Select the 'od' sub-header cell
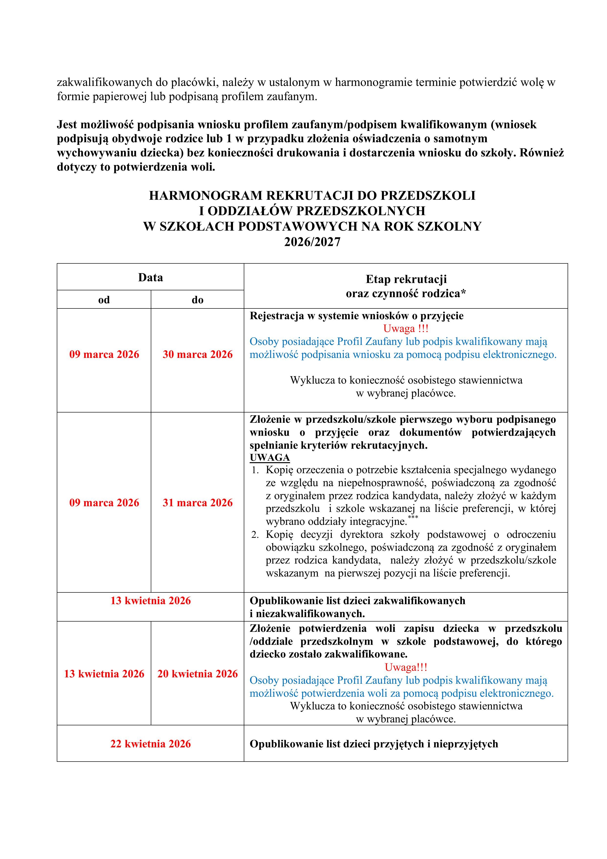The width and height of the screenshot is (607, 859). click(x=104, y=300)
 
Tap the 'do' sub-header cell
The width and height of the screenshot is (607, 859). click(x=198, y=300)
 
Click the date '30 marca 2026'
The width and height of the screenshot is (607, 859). click(x=198, y=354)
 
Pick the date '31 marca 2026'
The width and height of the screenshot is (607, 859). click(x=198, y=503)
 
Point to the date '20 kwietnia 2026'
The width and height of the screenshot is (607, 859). click(x=198, y=673)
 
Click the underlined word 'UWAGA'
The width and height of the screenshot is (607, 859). click(x=270, y=458)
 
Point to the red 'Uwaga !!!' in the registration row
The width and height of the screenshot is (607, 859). click(x=406, y=329)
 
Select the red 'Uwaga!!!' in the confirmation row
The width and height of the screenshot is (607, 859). click(x=406, y=667)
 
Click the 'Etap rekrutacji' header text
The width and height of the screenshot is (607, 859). click(x=406, y=279)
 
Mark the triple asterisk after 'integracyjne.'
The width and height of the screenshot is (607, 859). click(x=413, y=517)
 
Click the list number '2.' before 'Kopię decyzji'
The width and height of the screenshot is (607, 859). click(x=255, y=535)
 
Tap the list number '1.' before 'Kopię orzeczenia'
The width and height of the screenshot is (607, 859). click(x=255, y=470)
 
